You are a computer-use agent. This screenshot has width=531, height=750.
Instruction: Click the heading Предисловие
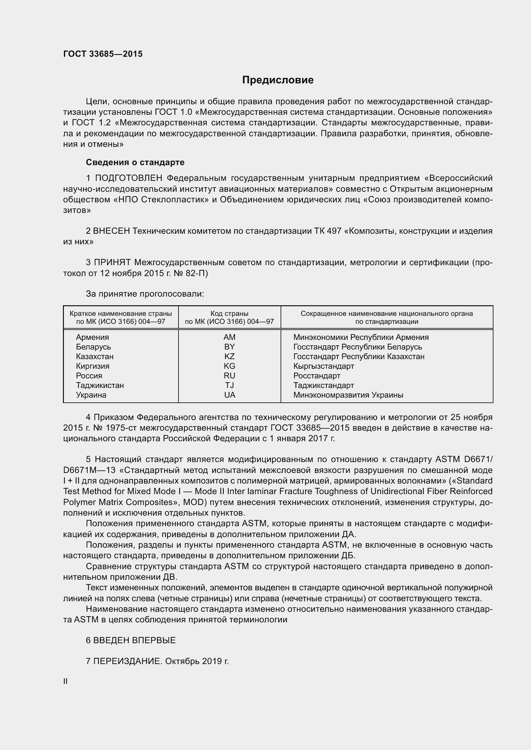[x=278, y=80]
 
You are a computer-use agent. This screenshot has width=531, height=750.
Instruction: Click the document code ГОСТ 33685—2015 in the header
[x=103, y=54]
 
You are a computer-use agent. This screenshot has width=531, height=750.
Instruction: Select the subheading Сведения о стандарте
[x=135, y=162]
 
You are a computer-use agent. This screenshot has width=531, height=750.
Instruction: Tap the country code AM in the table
[x=230, y=337]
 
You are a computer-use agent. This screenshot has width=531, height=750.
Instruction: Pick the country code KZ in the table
[x=230, y=356]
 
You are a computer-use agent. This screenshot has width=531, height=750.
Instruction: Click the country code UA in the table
[x=230, y=395]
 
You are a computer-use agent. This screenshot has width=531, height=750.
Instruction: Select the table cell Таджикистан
[x=100, y=385]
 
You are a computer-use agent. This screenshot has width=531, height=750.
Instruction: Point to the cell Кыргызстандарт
[x=323, y=366]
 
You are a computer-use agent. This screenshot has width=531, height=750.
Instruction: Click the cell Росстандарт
[x=317, y=376]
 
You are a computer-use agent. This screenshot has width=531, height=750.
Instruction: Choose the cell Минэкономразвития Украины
[x=348, y=395]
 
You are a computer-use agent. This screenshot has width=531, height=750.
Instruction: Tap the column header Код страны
[x=229, y=314]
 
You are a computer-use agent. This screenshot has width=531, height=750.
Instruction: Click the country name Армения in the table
[x=92, y=337]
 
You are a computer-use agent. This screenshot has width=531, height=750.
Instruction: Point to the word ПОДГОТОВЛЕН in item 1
[x=128, y=178]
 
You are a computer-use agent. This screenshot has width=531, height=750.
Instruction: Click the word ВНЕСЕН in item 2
[x=111, y=231]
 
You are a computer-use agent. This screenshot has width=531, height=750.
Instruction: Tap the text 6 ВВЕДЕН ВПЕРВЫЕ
[x=131, y=641]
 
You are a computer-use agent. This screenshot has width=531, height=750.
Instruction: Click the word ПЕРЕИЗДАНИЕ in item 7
[x=127, y=662]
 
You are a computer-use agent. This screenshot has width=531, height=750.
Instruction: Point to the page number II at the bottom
[x=65, y=681]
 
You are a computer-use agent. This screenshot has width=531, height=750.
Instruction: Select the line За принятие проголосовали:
[x=145, y=294]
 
